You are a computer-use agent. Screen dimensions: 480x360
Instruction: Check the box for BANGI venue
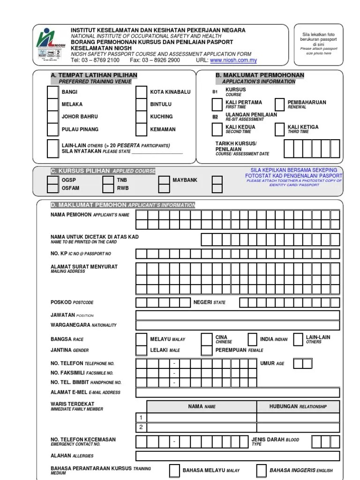pyautogui.click(x=52, y=92)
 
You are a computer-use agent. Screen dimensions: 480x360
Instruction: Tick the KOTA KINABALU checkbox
pyautogui.click(x=141, y=92)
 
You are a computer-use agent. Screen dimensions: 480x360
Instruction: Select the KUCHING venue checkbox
pyautogui.click(x=141, y=117)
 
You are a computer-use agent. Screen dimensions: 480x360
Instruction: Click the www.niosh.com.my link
pyautogui.click(x=227, y=60)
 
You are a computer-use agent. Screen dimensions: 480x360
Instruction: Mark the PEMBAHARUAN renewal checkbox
pyautogui.click(x=279, y=104)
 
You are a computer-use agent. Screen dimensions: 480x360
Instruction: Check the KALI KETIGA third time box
pyautogui.click(x=279, y=129)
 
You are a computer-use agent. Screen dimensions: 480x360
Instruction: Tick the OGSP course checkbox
pyautogui.click(x=53, y=180)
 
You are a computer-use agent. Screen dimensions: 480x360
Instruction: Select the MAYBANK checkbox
pyautogui.click(x=164, y=180)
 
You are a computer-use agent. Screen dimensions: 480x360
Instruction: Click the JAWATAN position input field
pyautogui.click(x=238, y=315)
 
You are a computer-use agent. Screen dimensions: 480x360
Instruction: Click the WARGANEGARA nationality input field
pyautogui.click(x=238, y=325)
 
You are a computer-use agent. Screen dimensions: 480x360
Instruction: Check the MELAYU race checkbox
pyautogui.click(x=141, y=339)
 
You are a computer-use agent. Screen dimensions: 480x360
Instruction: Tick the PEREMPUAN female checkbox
pyautogui.click(x=206, y=350)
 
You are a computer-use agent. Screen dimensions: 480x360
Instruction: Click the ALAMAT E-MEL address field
pyautogui.click(x=238, y=393)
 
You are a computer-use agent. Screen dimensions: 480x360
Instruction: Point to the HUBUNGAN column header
pyautogui.click(x=298, y=406)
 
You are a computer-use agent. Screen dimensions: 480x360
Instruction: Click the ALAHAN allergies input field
pyautogui.click(x=238, y=456)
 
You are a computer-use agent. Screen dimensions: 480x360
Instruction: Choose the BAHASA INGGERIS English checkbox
pyautogui.click(x=262, y=470)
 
